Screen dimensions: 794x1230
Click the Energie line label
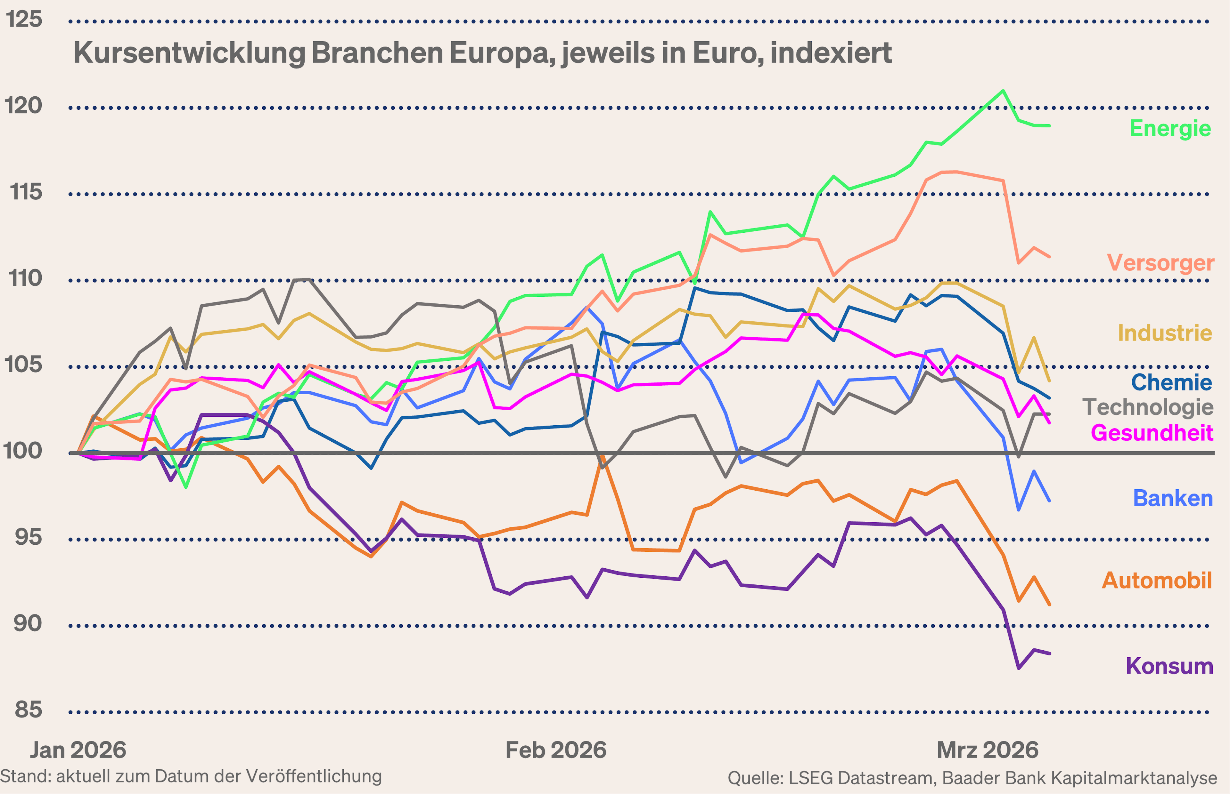[x=1170, y=128]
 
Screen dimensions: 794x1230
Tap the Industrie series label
[x=1164, y=333]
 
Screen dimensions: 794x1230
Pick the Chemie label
[x=1171, y=382]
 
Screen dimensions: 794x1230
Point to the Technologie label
[x=1147, y=407]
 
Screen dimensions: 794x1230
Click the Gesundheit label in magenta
[x=1152, y=433]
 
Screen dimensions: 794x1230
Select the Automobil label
[x=1156, y=581]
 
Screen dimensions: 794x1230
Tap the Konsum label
[x=1169, y=666]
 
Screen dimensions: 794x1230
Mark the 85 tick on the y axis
[x=28, y=710]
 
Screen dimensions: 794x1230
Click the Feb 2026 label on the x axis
[x=556, y=750]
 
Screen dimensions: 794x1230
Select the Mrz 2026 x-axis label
[x=987, y=750]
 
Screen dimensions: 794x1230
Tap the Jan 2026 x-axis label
[x=78, y=750]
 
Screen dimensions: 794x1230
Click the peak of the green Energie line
[x=1003, y=91]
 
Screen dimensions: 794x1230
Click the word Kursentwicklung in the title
[x=188, y=53]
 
